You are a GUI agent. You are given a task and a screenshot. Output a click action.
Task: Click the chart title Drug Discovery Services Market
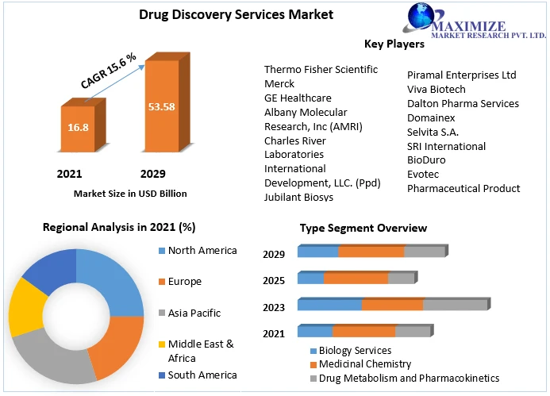pos(225,14)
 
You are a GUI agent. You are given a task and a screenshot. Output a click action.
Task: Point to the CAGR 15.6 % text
pos(109,70)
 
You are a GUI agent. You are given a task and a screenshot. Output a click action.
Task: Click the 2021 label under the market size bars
pos(69,174)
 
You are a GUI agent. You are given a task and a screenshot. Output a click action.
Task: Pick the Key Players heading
pos(394,44)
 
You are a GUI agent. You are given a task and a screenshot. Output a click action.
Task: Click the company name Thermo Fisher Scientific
pos(321,69)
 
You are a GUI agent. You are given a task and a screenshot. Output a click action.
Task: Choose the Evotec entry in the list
pos(423,174)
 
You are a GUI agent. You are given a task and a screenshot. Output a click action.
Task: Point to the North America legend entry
pos(202,251)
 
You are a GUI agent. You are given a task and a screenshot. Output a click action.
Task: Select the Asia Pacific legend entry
pos(194,313)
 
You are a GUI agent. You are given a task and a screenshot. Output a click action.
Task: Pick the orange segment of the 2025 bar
pos(356,279)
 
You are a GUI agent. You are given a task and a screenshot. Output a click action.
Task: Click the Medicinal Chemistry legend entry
pos(364,364)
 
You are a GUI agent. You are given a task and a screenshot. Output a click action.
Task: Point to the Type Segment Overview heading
pos(363,228)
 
